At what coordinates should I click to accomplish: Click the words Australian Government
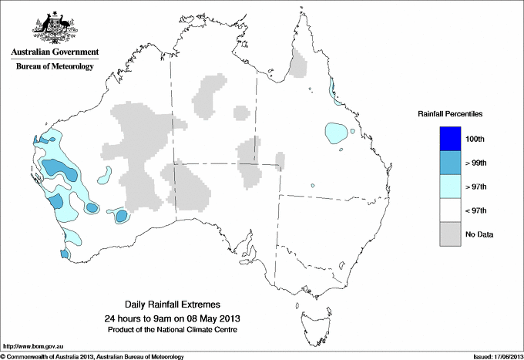(x=55, y=53)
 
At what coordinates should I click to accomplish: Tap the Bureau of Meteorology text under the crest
(x=55, y=66)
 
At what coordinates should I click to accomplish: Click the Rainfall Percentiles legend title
(x=450, y=114)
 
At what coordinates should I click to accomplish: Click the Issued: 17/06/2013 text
(x=493, y=356)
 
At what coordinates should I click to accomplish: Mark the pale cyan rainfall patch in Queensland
(x=335, y=133)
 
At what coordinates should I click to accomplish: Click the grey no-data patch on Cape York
(x=297, y=64)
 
